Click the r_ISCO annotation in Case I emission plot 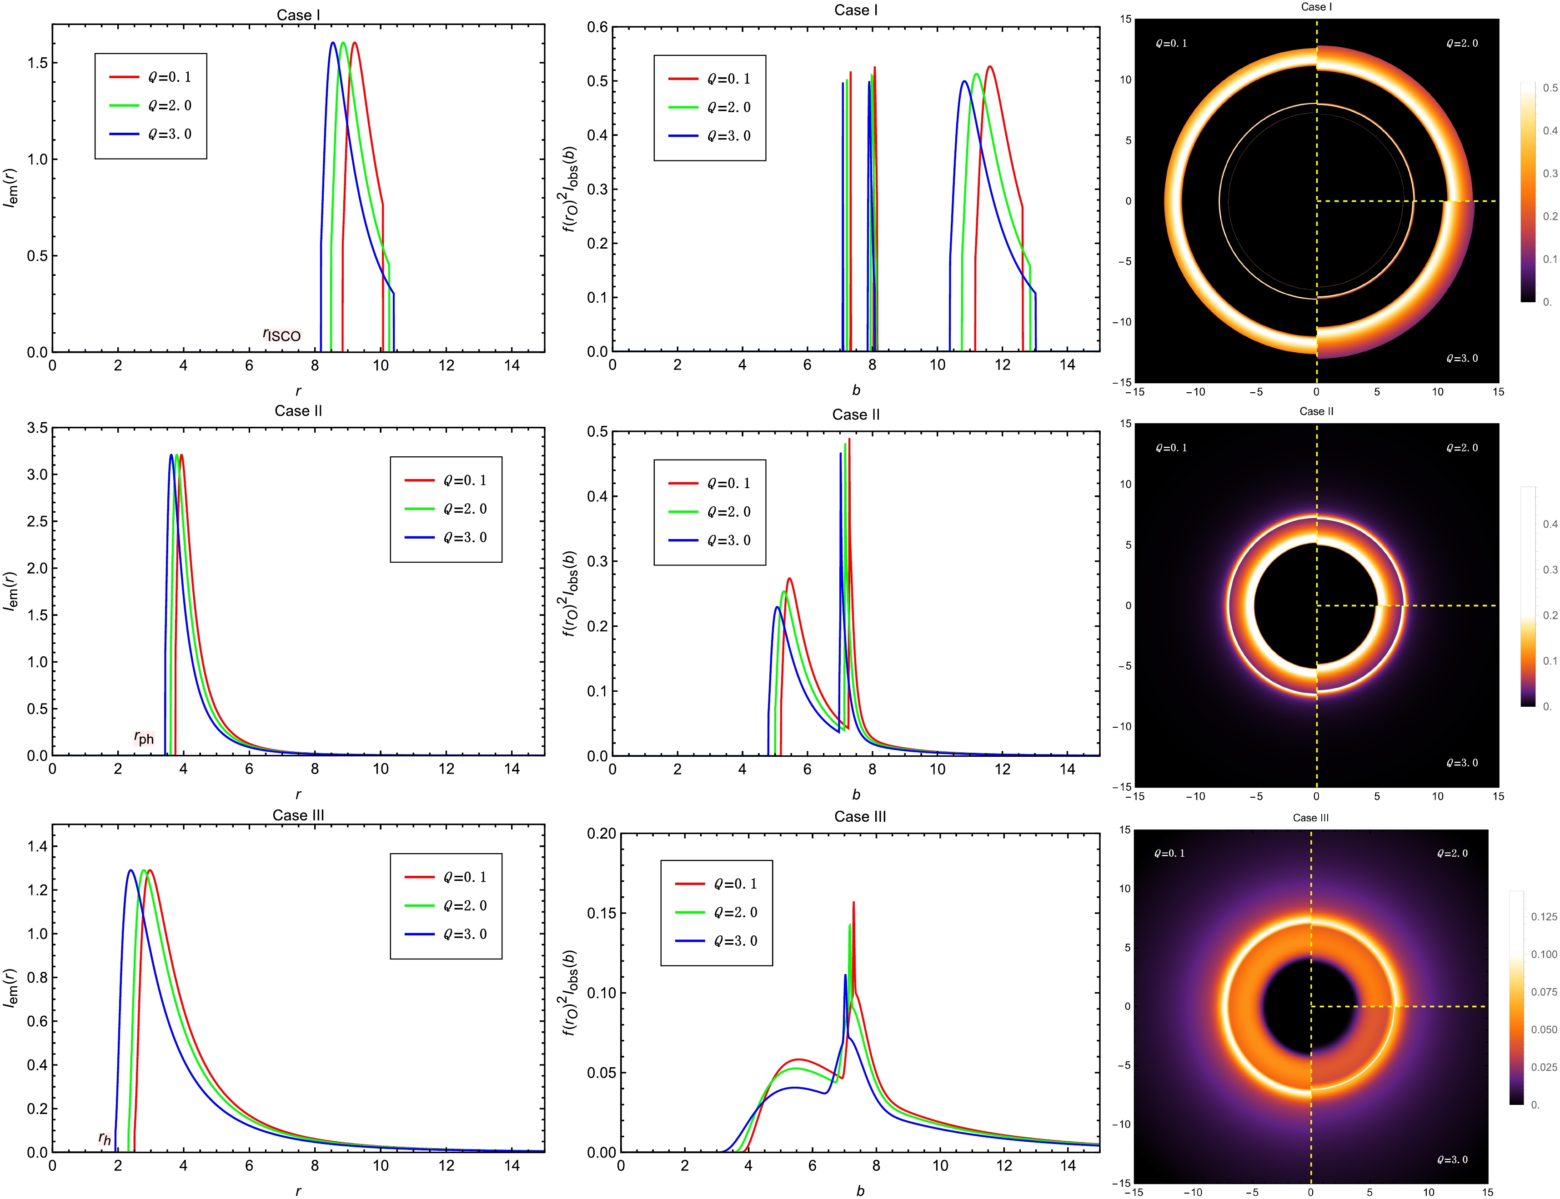tap(282, 335)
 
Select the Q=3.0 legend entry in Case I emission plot tap(169, 134)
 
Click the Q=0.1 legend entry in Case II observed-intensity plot tap(728, 483)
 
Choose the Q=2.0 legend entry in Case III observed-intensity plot tap(735, 912)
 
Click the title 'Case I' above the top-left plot tap(298, 15)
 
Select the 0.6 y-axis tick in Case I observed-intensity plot tap(597, 27)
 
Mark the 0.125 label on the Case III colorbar tap(1544, 916)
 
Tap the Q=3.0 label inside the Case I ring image tap(1462, 358)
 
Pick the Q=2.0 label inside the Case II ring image tap(1462, 448)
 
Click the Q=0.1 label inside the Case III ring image tap(1169, 853)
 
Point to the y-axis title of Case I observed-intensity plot tap(571, 189)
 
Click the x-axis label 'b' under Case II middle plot tap(856, 794)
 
